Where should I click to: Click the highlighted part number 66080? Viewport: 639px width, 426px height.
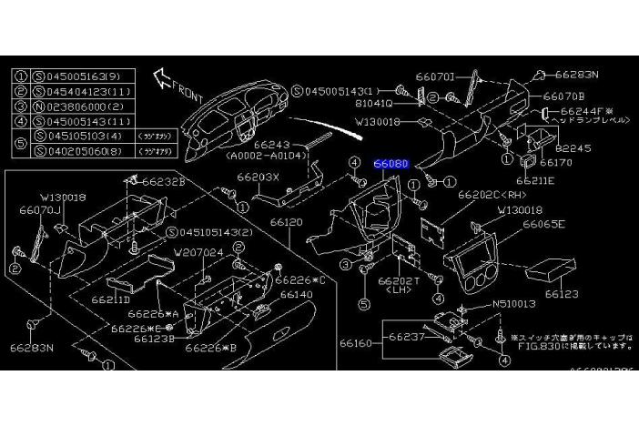391,164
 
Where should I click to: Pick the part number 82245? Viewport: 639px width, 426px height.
573,147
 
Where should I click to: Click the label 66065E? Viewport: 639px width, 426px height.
543,224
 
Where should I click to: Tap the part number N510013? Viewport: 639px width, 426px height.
515,304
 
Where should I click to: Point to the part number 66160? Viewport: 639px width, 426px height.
358,343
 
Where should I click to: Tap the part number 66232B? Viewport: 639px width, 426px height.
167,182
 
